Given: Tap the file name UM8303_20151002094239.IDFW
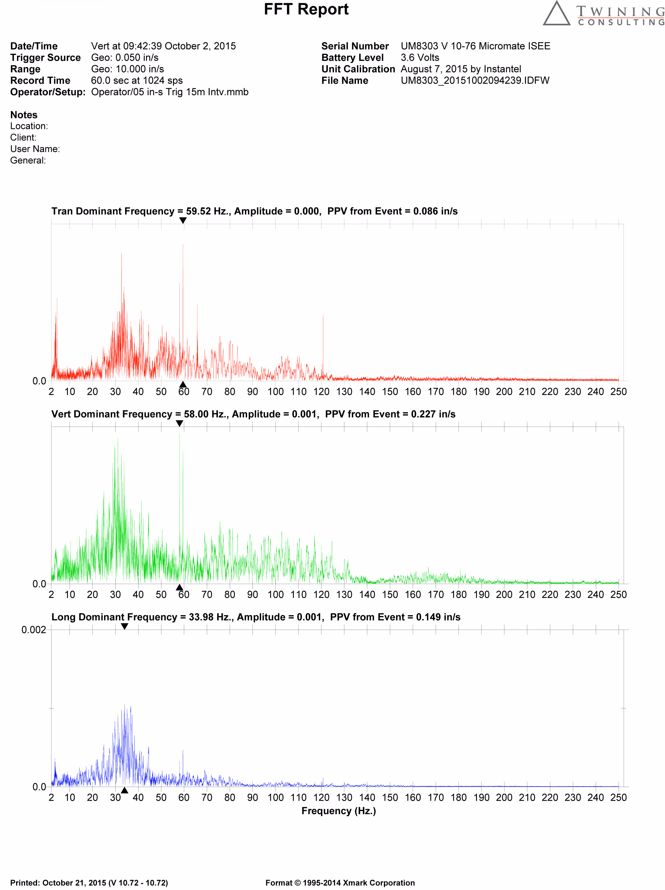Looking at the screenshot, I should [474, 80].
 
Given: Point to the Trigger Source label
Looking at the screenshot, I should [46, 57].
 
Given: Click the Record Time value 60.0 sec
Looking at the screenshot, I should [137, 80].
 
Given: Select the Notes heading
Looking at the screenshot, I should [24, 115].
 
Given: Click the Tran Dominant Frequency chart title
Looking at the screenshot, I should [254, 211].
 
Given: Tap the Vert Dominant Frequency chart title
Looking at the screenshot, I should [253, 414].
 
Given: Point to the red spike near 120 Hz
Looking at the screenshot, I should [323, 342].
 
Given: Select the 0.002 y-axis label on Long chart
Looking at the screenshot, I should [34, 630].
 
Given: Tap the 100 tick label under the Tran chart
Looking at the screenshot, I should [275, 392].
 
